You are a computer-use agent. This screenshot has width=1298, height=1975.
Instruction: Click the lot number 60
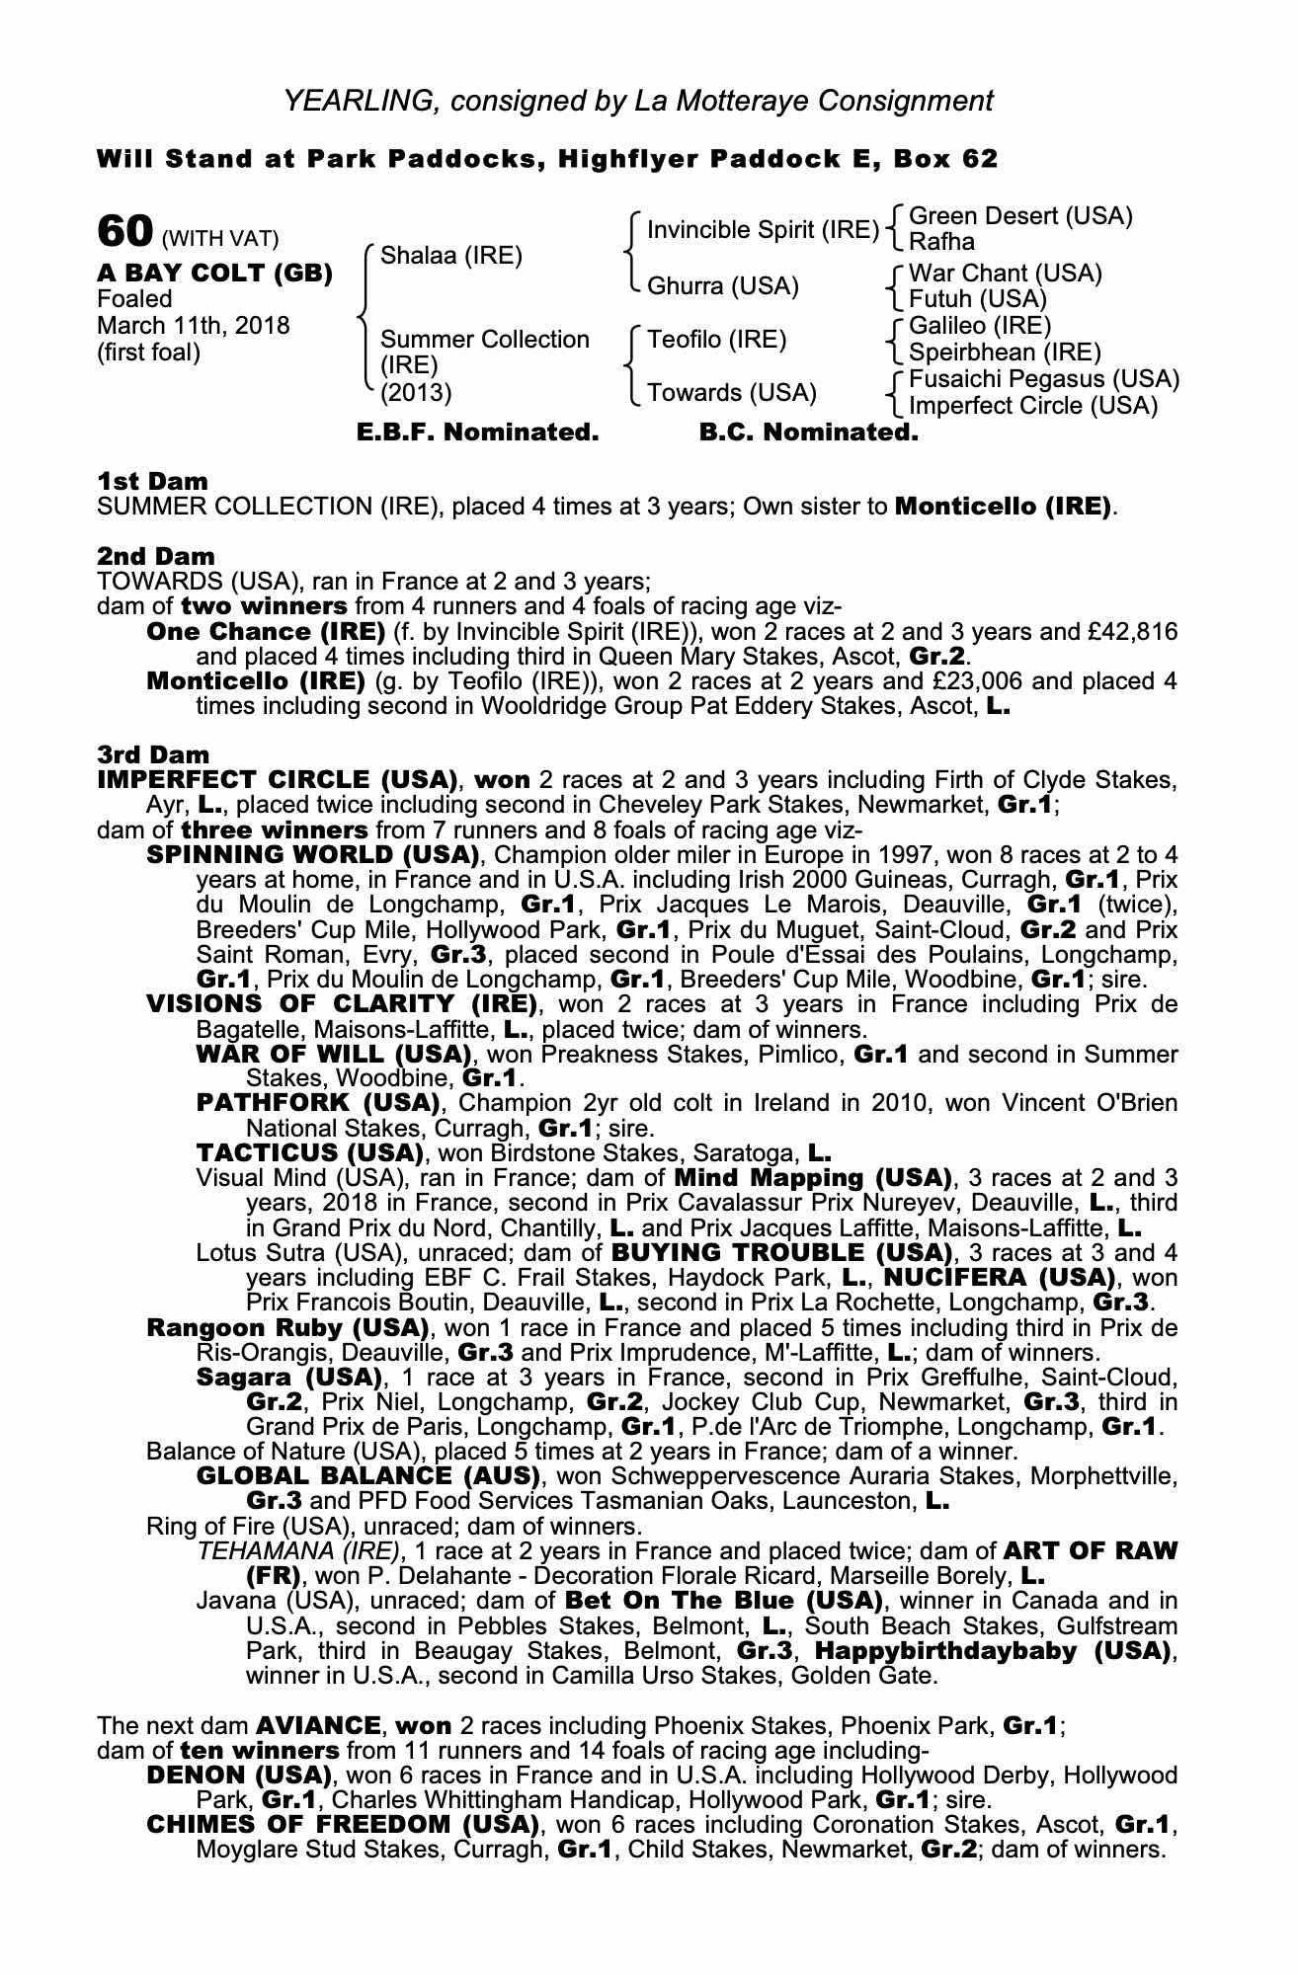pyautogui.click(x=124, y=233)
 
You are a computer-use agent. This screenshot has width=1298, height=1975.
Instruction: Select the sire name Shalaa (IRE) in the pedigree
pyautogui.click(x=450, y=256)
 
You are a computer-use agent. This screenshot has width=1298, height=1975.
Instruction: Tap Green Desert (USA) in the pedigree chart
pyautogui.click(x=1019, y=216)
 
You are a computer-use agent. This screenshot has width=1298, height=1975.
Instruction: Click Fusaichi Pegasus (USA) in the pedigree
pyautogui.click(x=1043, y=379)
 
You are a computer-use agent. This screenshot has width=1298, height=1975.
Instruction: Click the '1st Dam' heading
pyautogui.click(x=153, y=482)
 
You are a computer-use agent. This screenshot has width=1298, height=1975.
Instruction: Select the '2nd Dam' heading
pyautogui.click(x=155, y=556)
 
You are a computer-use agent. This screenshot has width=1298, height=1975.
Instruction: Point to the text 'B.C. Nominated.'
pyautogui.click(x=808, y=433)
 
